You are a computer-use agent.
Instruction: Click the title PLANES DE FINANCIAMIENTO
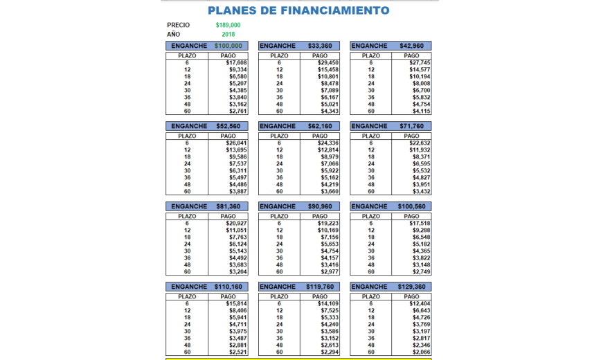point(298,10)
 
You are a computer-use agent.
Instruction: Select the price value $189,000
point(228,25)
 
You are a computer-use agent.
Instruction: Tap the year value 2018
point(228,34)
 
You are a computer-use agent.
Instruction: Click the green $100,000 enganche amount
point(228,46)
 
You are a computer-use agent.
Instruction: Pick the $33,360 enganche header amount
point(320,46)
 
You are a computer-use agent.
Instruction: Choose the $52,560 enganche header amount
point(228,126)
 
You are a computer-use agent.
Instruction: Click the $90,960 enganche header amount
point(320,206)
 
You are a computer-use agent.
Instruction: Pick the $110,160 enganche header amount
point(228,287)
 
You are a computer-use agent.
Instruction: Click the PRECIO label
point(178,25)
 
